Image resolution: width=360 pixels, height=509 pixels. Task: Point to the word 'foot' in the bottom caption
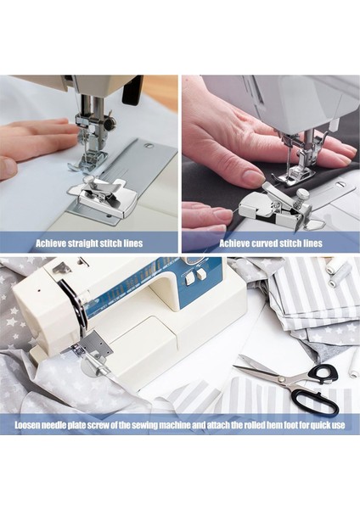[x=292, y=425]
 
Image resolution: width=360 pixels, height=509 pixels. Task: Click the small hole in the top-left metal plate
[x=149, y=146]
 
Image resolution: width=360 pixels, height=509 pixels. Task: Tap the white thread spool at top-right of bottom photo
[x=340, y=272]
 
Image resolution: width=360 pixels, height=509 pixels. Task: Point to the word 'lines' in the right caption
[x=312, y=243]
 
